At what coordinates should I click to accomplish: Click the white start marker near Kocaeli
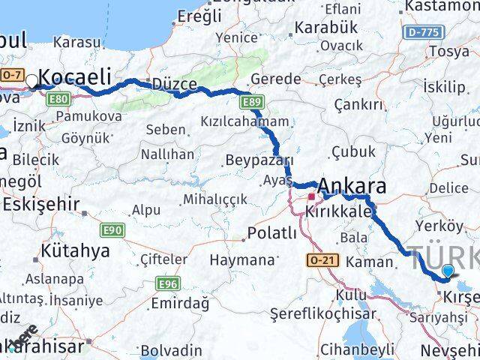31,81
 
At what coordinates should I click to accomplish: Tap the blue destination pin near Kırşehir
448,271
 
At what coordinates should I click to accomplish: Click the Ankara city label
352,186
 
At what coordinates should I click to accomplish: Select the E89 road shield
250,100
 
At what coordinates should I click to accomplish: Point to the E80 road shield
61,98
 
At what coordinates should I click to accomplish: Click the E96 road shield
167,283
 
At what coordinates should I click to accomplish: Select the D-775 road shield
420,33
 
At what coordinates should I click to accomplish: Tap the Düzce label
174,84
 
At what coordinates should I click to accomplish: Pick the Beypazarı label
259,161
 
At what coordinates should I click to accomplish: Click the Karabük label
326,27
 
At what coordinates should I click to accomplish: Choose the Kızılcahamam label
244,121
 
